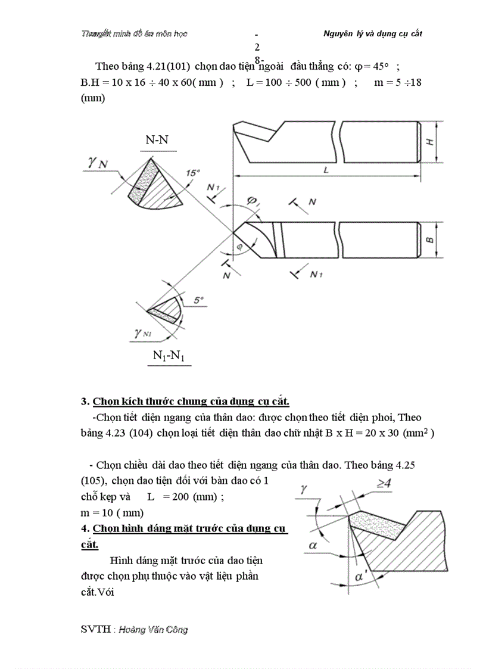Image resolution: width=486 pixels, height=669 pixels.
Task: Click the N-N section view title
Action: (158, 141)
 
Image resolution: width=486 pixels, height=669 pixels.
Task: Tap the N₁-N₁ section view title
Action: (169, 356)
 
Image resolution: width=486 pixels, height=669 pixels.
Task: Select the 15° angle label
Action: (193, 172)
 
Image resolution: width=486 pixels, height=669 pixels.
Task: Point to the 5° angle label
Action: (199, 301)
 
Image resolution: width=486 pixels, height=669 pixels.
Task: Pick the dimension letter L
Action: (326, 170)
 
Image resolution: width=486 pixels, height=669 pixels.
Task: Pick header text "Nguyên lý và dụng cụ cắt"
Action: (372, 34)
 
